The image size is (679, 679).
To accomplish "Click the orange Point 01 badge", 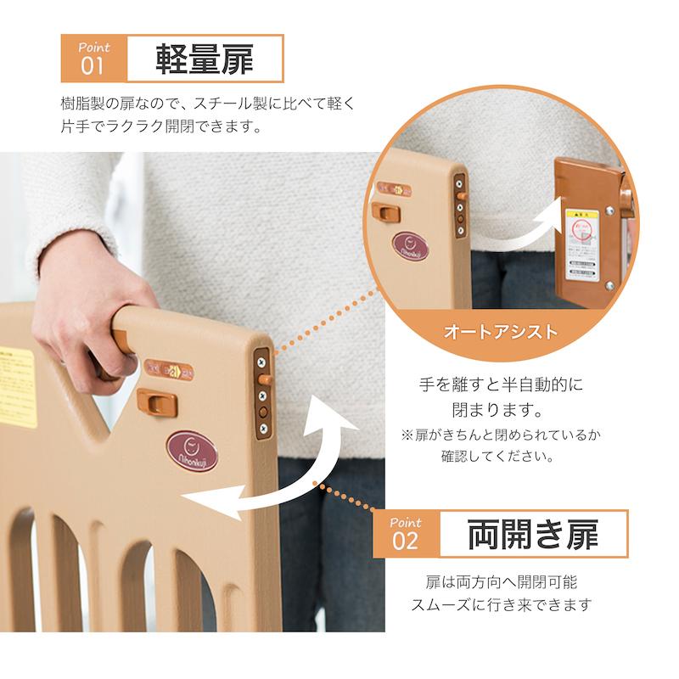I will click(93, 58).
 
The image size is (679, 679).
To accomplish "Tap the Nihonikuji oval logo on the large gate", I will click(192, 451).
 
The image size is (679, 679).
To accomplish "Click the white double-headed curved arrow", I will click(280, 467).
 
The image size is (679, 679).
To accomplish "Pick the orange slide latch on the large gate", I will click(154, 399).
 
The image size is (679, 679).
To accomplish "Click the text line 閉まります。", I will click(501, 411).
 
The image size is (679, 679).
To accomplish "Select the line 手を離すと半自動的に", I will click(502, 384).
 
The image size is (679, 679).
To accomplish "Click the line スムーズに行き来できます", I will click(501, 605).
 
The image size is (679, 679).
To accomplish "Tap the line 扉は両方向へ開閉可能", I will click(501, 583).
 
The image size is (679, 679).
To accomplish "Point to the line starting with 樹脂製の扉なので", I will click(207, 104).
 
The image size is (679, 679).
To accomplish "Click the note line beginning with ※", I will click(501, 435).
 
